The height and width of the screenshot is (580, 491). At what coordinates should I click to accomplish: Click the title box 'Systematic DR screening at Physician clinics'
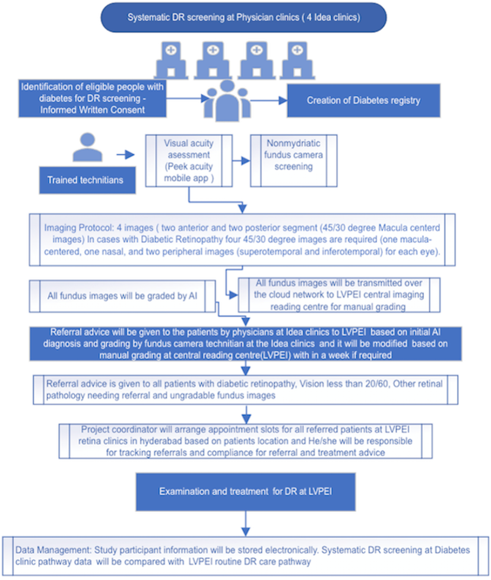[243, 18]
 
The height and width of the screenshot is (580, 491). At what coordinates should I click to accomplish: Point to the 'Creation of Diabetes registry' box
[363, 100]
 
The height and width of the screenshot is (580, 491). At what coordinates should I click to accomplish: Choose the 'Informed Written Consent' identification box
[92, 98]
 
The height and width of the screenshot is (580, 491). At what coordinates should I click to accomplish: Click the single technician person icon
[87, 148]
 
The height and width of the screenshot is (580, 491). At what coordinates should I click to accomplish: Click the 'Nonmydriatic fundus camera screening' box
[294, 156]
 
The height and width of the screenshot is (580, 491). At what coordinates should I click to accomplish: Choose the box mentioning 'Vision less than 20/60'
[244, 389]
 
